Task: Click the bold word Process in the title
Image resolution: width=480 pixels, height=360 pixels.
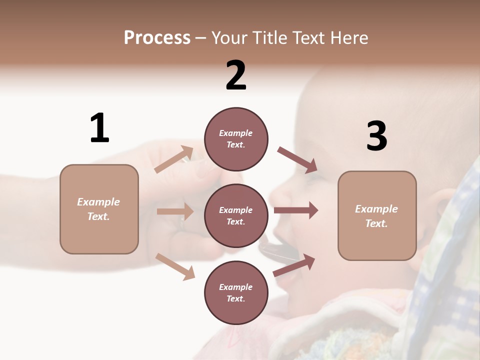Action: (157, 38)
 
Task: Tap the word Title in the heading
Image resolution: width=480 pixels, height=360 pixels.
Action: (269, 38)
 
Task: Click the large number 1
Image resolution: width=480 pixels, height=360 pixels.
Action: (99, 128)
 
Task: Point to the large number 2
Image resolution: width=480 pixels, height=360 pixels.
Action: (236, 76)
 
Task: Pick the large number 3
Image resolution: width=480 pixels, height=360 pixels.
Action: (376, 136)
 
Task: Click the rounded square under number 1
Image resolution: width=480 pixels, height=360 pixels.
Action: (99, 209)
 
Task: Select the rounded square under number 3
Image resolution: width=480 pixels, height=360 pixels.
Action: (377, 216)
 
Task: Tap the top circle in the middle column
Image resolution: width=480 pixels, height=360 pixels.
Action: (236, 139)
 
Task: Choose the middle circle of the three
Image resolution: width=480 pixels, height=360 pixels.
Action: (236, 216)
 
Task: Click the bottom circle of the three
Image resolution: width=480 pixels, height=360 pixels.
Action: (236, 293)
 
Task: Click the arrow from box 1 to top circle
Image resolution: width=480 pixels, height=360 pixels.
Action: (174, 159)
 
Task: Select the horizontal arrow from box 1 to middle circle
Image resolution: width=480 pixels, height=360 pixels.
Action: (175, 211)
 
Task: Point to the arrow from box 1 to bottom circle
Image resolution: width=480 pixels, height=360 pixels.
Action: (175, 266)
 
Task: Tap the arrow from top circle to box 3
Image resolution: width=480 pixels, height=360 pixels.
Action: (297, 160)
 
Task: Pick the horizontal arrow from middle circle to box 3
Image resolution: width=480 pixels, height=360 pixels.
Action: (295, 210)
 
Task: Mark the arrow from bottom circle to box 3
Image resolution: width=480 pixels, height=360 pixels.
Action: (294, 265)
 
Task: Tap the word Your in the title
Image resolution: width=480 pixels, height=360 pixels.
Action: (229, 38)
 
